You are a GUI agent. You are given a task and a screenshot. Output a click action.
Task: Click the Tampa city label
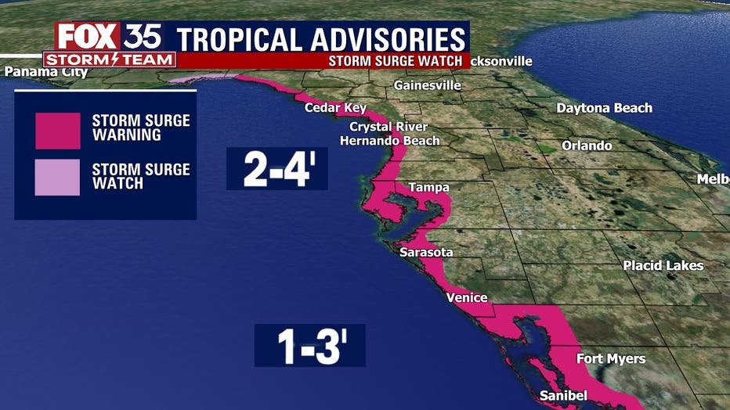click(x=428, y=188)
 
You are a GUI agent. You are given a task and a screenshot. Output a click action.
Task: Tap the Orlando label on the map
click(x=587, y=146)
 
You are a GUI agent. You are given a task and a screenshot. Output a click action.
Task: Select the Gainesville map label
click(x=427, y=85)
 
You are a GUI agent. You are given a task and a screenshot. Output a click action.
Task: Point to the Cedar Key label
click(x=334, y=108)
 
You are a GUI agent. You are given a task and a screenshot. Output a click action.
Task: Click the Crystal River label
click(x=388, y=127)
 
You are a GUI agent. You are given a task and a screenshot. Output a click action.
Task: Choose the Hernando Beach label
click(x=389, y=141)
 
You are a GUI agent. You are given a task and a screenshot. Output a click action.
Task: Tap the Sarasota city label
click(x=426, y=253)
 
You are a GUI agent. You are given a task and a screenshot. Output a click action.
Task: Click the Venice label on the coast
click(x=466, y=297)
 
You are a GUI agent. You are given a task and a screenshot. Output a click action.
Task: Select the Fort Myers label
click(x=611, y=358)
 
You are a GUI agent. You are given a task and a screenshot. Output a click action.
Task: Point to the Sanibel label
click(x=563, y=396)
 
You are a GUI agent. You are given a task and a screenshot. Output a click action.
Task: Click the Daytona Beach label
click(x=604, y=108)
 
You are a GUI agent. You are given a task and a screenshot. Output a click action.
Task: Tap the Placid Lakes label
click(x=663, y=265)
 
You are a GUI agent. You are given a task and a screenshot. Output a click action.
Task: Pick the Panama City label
click(x=45, y=73)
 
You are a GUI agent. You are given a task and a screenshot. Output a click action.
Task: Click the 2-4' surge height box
click(x=276, y=168)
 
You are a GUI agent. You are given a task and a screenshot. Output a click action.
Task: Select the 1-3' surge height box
click(x=309, y=346)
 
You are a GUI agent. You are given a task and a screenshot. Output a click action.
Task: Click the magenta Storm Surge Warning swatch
click(x=57, y=131)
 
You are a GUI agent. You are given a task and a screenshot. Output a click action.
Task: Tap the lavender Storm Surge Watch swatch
click(x=57, y=178)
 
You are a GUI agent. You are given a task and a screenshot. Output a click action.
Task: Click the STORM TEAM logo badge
click(x=109, y=59)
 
